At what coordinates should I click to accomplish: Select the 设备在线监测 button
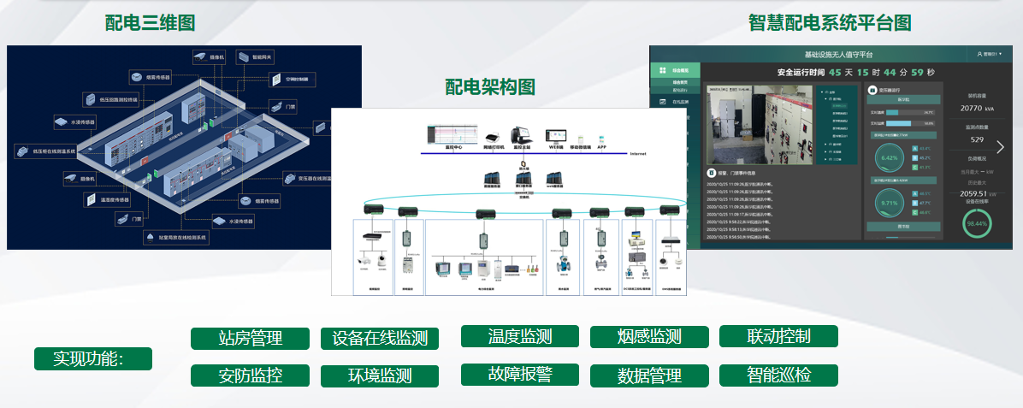tap(380, 338)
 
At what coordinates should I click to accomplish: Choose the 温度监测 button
tap(520, 336)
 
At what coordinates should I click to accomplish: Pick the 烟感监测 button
tap(649, 337)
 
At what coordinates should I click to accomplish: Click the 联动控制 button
tap(778, 336)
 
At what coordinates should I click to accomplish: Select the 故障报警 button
tap(520, 375)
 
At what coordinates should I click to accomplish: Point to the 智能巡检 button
tap(778, 375)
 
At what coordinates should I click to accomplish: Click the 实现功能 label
tap(92, 358)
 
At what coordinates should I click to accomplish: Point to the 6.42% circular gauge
tap(889, 158)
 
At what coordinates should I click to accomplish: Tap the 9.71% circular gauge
tap(889, 204)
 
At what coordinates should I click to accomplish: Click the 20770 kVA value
tap(977, 109)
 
